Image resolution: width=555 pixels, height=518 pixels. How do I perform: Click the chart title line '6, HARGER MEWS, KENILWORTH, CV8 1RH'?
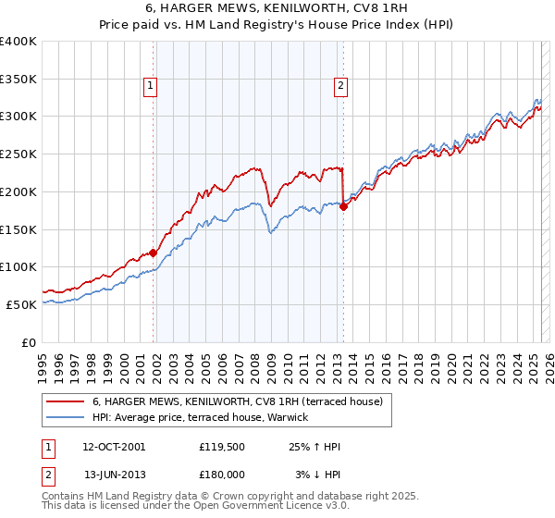pyautogui.click(x=277, y=7)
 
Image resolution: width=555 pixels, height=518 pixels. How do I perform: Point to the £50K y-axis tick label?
pyautogui.click(x=21, y=304)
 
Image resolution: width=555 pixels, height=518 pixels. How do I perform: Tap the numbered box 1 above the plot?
pyautogui.click(x=150, y=86)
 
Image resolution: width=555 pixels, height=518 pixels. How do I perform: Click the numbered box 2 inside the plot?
pyautogui.click(x=340, y=86)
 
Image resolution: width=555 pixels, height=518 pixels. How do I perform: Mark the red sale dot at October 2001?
pyautogui.click(x=154, y=252)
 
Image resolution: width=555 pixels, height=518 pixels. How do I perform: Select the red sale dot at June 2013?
pyautogui.click(x=343, y=206)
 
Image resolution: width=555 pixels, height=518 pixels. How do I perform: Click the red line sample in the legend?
pyautogui.click(x=65, y=401)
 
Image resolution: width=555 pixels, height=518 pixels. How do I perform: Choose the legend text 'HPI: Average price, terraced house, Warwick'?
pyautogui.click(x=205, y=417)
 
